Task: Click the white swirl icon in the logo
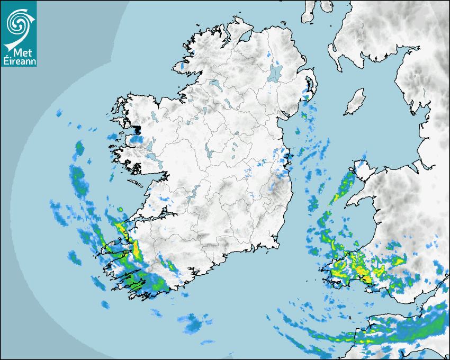[19, 22]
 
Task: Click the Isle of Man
[355, 102]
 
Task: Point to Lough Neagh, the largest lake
[275, 73]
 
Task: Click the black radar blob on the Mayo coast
[137, 129]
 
